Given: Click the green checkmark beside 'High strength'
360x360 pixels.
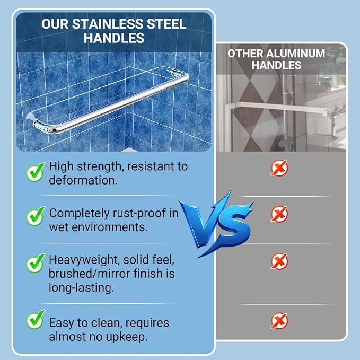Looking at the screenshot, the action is (x=35, y=172).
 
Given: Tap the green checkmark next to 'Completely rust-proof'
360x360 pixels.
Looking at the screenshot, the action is (x=35, y=216).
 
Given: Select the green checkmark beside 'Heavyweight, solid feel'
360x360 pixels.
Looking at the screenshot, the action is (x=35, y=263).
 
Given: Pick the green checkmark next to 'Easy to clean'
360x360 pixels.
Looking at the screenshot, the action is (x=35, y=319).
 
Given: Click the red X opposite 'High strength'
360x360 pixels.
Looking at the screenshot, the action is (x=279, y=168).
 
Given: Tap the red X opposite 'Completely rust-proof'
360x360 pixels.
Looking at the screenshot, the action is (x=279, y=214).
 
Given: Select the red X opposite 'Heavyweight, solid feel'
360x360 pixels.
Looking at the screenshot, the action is (x=279, y=261).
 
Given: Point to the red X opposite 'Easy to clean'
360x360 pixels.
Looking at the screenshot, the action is (x=279, y=321).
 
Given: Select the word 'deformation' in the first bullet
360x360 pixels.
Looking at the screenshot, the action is (x=82, y=180).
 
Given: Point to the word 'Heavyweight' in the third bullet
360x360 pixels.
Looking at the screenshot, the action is (x=84, y=260).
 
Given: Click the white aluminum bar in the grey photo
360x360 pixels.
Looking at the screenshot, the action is (x=279, y=108).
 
